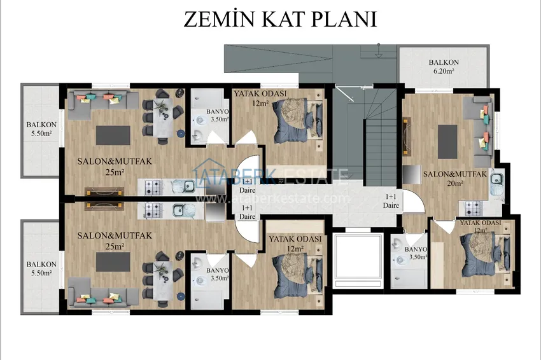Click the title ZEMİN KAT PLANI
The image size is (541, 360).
point(280,19)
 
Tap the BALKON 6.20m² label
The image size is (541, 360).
point(444,67)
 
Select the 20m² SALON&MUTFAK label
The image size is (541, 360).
point(454,179)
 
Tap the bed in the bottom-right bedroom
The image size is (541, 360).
point(486,254)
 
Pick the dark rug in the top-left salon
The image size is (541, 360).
point(113,135)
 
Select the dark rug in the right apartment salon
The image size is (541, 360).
point(447,142)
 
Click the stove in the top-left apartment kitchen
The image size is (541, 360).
point(153,187)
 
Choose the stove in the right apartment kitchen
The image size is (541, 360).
point(473,208)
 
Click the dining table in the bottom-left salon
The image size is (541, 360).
point(162,280)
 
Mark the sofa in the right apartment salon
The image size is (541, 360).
point(482,132)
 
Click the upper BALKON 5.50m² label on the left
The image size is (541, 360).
point(41,129)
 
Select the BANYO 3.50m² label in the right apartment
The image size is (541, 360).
point(416,253)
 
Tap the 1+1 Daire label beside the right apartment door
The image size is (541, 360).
point(391,201)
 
